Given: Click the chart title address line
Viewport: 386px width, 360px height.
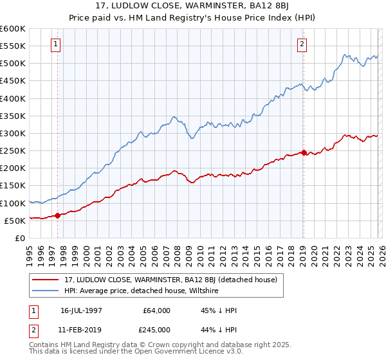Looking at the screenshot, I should [193, 6].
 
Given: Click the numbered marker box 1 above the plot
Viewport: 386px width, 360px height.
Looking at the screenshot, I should [57, 44].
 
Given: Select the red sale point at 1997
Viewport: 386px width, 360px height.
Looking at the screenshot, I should [57, 215].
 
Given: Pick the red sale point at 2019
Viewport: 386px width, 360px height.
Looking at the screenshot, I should [304, 152].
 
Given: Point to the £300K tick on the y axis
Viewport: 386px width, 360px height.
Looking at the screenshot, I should [14, 133].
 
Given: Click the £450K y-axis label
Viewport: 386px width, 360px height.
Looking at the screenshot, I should [14, 81].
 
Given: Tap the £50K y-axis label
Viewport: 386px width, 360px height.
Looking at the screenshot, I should [17, 221].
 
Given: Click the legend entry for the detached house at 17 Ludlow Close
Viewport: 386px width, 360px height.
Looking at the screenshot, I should [170, 280].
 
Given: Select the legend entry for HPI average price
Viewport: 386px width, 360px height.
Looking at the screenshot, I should [141, 291].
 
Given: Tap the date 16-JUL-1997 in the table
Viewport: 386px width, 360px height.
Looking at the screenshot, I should [82, 310].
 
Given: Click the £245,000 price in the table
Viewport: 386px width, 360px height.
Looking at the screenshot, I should [156, 330].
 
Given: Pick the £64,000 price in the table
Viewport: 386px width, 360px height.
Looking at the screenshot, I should [156, 310].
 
